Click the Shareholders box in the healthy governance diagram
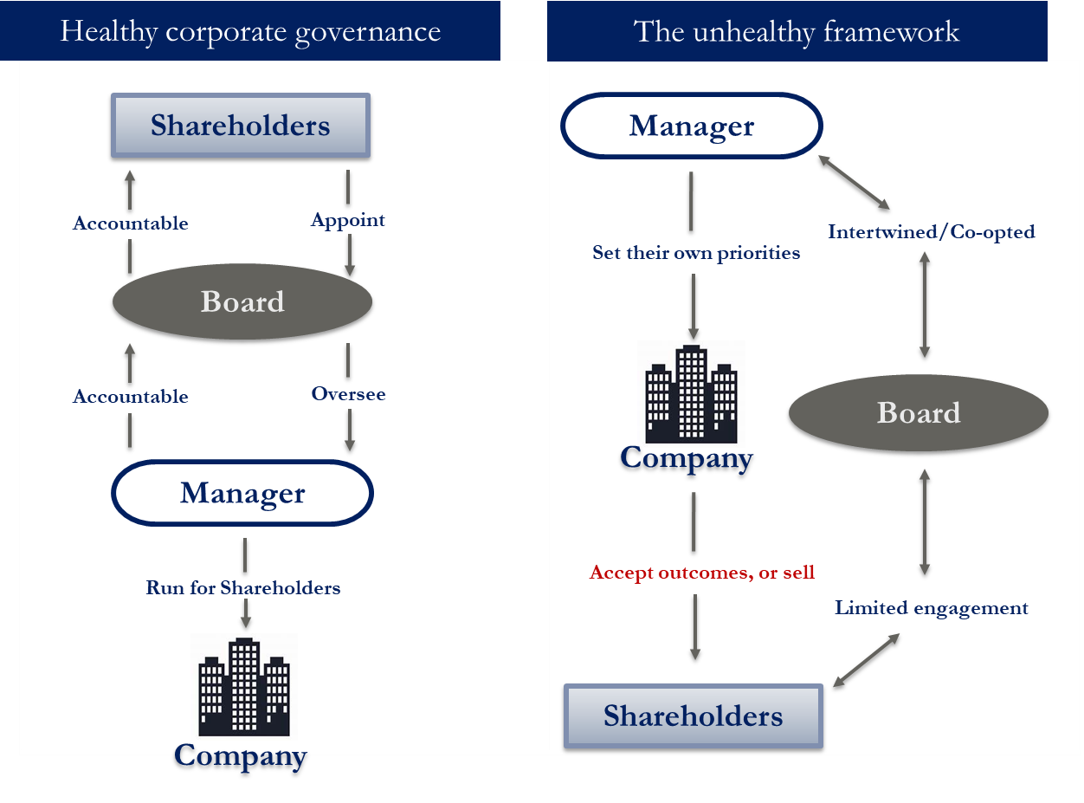pos(241,126)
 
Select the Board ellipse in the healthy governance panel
pos(242,301)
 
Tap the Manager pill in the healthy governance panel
pos(242,493)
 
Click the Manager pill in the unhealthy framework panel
pos(692,126)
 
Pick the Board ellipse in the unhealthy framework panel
pos(919,412)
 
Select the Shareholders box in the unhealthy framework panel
pos(693,716)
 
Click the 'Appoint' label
pos(348,220)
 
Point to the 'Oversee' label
pos(348,394)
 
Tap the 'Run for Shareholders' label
pos(243,587)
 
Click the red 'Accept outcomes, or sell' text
pos(702,573)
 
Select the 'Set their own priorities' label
pos(696,253)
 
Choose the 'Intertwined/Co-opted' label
pos(931,232)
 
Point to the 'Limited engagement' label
pos(931,608)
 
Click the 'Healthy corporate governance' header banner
pos(250,31)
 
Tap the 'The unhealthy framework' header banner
pos(797,31)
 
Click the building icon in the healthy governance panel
pos(244,685)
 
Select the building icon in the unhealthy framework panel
pos(691,393)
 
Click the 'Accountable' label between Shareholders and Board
pos(131,223)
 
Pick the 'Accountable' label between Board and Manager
pos(131,397)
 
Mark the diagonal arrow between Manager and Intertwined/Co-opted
pos(854,182)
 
